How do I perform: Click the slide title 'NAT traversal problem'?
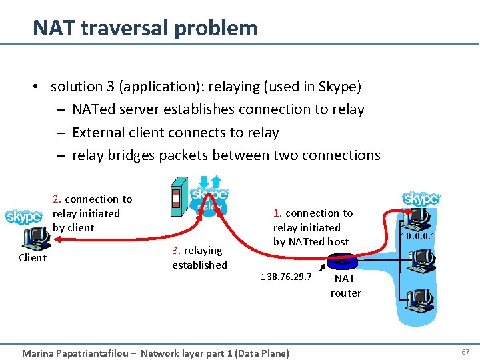tap(145, 28)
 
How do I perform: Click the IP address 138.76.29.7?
tap(286, 276)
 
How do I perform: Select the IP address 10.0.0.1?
tap(417, 236)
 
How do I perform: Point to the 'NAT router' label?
tap(345, 285)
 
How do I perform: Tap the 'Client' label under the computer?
tap(33, 258)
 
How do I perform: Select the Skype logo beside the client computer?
tap(23, 217)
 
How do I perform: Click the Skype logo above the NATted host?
tap(421, 199)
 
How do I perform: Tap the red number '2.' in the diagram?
tap(57, 199)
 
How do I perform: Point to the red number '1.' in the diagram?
tap(278, 213)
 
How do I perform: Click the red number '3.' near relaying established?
tap(176, 251)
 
